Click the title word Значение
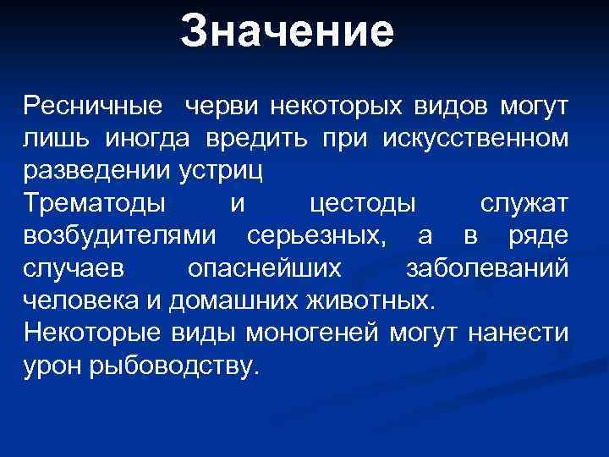288,32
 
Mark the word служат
524,203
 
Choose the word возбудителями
119,235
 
